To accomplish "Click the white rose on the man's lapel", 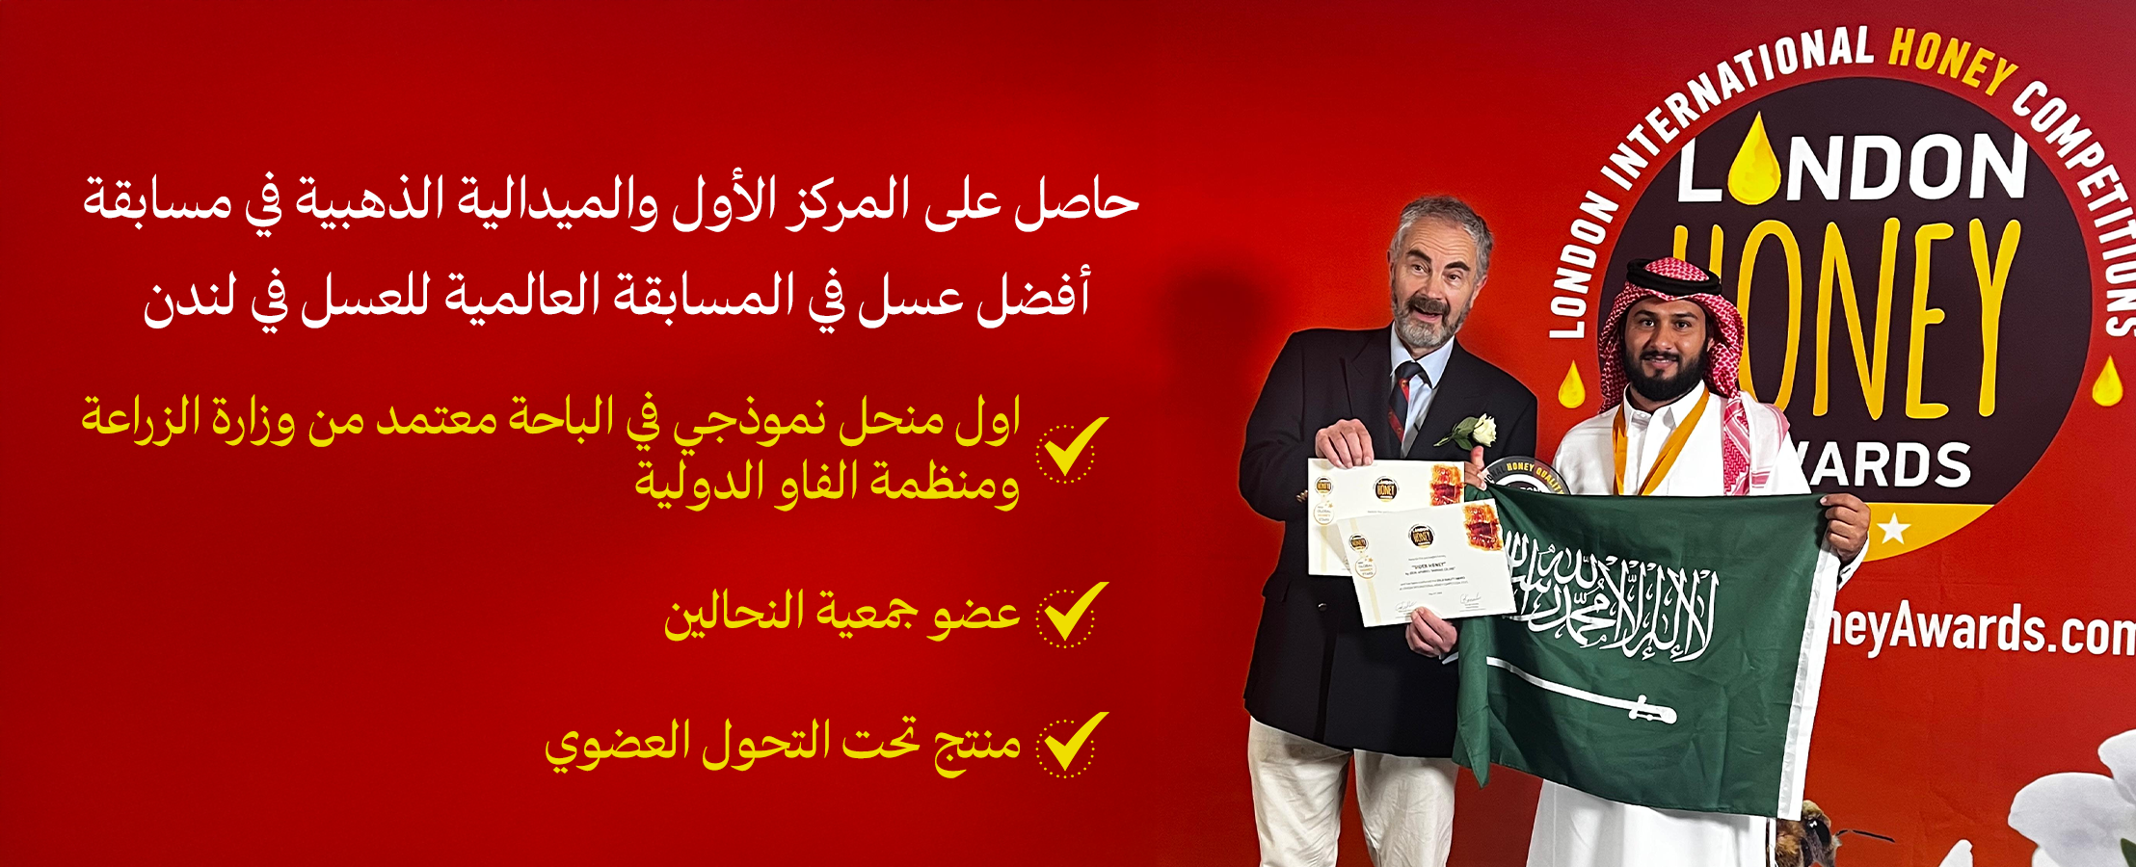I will click(1472, 431).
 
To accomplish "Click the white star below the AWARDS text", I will click(1893, 529).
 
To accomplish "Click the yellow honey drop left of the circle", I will click(1571, 385).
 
